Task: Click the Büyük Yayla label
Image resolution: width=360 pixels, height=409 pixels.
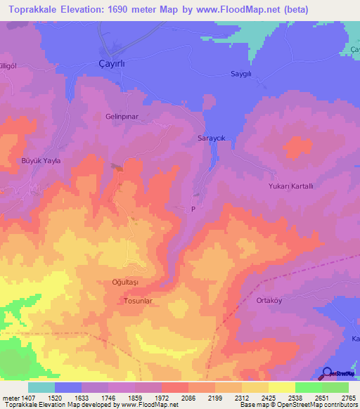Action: (x=42, y=161)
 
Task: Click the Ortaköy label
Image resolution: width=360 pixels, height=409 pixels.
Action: (x=264, y=299)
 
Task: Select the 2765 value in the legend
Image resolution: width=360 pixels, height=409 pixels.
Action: (x=348, y=397)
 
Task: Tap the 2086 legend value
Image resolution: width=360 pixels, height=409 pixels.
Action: (x=188, y=397)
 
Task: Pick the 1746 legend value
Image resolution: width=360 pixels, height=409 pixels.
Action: (x=108, y=397)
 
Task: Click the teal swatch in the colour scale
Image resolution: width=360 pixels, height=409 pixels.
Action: (x=41, y=387)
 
